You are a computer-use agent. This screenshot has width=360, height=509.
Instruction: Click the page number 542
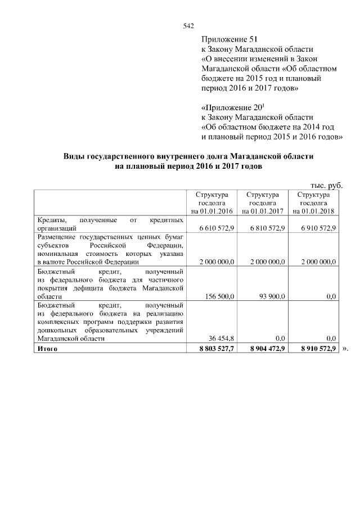(188, 26)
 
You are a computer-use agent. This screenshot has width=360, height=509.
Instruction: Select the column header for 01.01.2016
(211, 202)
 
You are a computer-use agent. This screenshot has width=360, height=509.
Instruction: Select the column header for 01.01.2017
(262, 202)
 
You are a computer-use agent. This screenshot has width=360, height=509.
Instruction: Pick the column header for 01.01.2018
(313, 202)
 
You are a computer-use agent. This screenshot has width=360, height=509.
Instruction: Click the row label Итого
(48, 349)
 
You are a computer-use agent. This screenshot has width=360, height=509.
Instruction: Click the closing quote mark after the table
(345, 349)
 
